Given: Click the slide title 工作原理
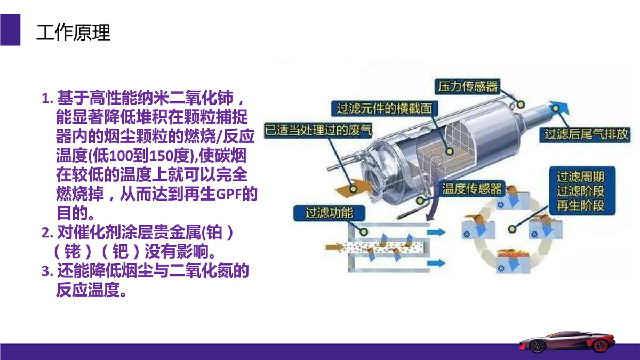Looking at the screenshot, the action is coord(73,33).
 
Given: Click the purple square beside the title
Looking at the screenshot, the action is coord(10,30).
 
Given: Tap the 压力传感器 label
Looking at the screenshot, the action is coord(467,86).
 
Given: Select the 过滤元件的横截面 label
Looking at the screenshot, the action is coord(385,108).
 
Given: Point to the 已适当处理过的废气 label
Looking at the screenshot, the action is coord(318,130).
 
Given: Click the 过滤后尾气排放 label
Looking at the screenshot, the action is coord(585,134).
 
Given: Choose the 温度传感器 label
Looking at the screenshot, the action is coord(471,189).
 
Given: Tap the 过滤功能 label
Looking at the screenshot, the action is coord(329,213).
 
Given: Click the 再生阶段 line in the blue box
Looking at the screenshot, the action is coord(580,205).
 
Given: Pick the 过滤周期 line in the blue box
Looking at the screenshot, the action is coord(580,177).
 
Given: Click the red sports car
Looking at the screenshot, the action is coord(567,342).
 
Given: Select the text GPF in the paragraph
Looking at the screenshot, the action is coord(229,194).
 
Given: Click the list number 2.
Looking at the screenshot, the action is coord(47,233).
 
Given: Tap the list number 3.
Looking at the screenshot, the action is coord(47,271).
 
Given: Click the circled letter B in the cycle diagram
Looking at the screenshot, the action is coord(501,268).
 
